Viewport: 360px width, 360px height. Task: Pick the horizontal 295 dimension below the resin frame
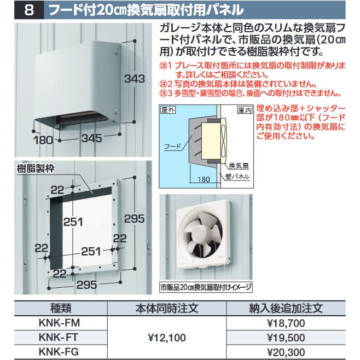(x=86, y=284)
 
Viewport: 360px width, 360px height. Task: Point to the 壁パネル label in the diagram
(x=237, y=176)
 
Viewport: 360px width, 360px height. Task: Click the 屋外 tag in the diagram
(x=169, y=109)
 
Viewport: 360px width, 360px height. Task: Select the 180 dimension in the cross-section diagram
(x=204, y=178)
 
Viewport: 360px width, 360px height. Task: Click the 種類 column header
(x=63, y=309)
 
